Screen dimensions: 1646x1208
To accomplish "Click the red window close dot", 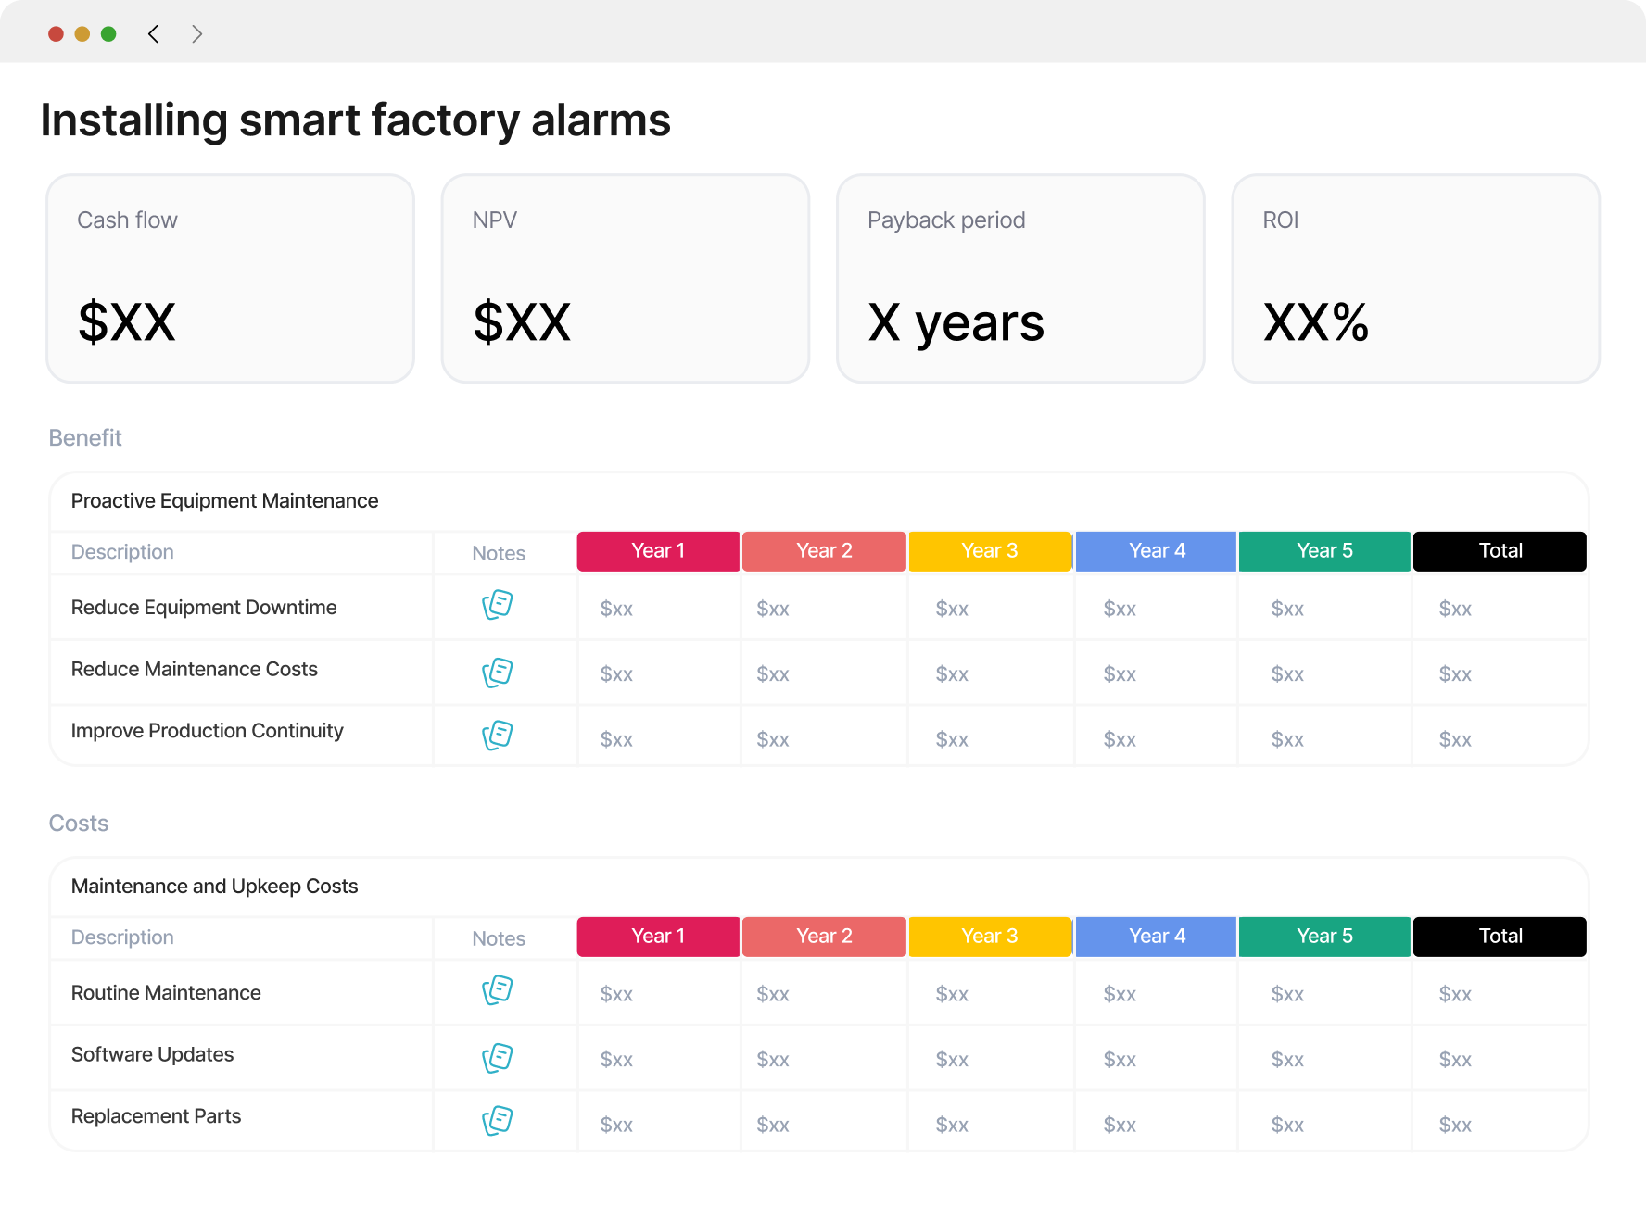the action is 56,34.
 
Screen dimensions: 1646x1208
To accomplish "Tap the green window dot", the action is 108,34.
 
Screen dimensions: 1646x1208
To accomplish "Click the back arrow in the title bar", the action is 154,34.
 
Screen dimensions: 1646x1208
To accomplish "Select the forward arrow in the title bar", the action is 196,34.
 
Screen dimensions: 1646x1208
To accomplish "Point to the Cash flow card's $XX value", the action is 127,322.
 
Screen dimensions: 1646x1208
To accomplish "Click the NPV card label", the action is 495,220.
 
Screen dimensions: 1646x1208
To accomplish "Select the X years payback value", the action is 956,323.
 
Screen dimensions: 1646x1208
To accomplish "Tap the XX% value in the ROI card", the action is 1316,322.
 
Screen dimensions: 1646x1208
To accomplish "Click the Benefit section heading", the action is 85,438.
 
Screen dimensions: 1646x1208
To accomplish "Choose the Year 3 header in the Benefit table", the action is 990,551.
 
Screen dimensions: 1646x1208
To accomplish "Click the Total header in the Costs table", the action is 1500,937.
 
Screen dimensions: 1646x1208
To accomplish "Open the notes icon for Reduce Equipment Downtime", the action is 498,605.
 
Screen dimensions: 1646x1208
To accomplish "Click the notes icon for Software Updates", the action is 498,1058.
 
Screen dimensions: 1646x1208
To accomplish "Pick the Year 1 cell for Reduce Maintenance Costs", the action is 616,674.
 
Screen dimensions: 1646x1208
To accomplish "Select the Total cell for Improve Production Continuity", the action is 1455,739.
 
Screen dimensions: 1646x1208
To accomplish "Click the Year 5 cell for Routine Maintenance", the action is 1287,994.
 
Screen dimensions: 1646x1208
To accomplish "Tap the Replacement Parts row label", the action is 156,1116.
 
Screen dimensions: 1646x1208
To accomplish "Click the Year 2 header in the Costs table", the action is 824,937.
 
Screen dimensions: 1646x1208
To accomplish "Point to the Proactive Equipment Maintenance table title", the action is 224,501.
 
